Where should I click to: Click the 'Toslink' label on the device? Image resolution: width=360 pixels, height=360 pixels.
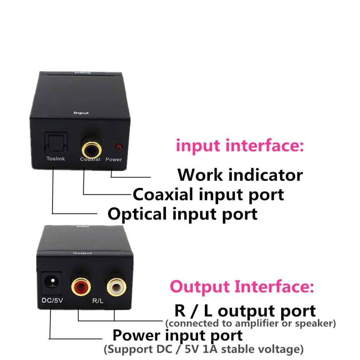[x=55, y=159]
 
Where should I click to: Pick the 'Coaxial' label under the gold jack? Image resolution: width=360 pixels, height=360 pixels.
[x=90, y=159]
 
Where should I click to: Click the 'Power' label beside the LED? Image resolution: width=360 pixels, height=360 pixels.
[x=114, y=159]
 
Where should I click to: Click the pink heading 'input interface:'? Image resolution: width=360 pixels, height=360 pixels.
[x=240, y=146]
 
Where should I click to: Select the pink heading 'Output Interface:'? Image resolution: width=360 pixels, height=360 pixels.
[x=242, y=287]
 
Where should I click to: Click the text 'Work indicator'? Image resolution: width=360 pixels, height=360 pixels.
[x=240, y=175]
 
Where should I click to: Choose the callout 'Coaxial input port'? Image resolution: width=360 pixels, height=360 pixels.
[x=208, y=194]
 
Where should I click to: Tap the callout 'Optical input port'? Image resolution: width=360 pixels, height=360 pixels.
[x=183, y=214]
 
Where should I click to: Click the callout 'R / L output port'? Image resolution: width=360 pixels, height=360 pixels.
[x=245, y=311]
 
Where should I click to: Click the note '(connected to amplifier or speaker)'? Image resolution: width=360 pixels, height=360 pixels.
[x=250, y=323]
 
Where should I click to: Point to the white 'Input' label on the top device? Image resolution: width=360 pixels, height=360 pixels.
[x=81, y=113]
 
